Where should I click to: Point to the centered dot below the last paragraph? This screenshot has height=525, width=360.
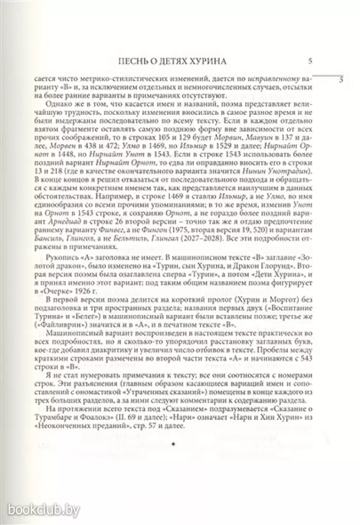tap(173, 443)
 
